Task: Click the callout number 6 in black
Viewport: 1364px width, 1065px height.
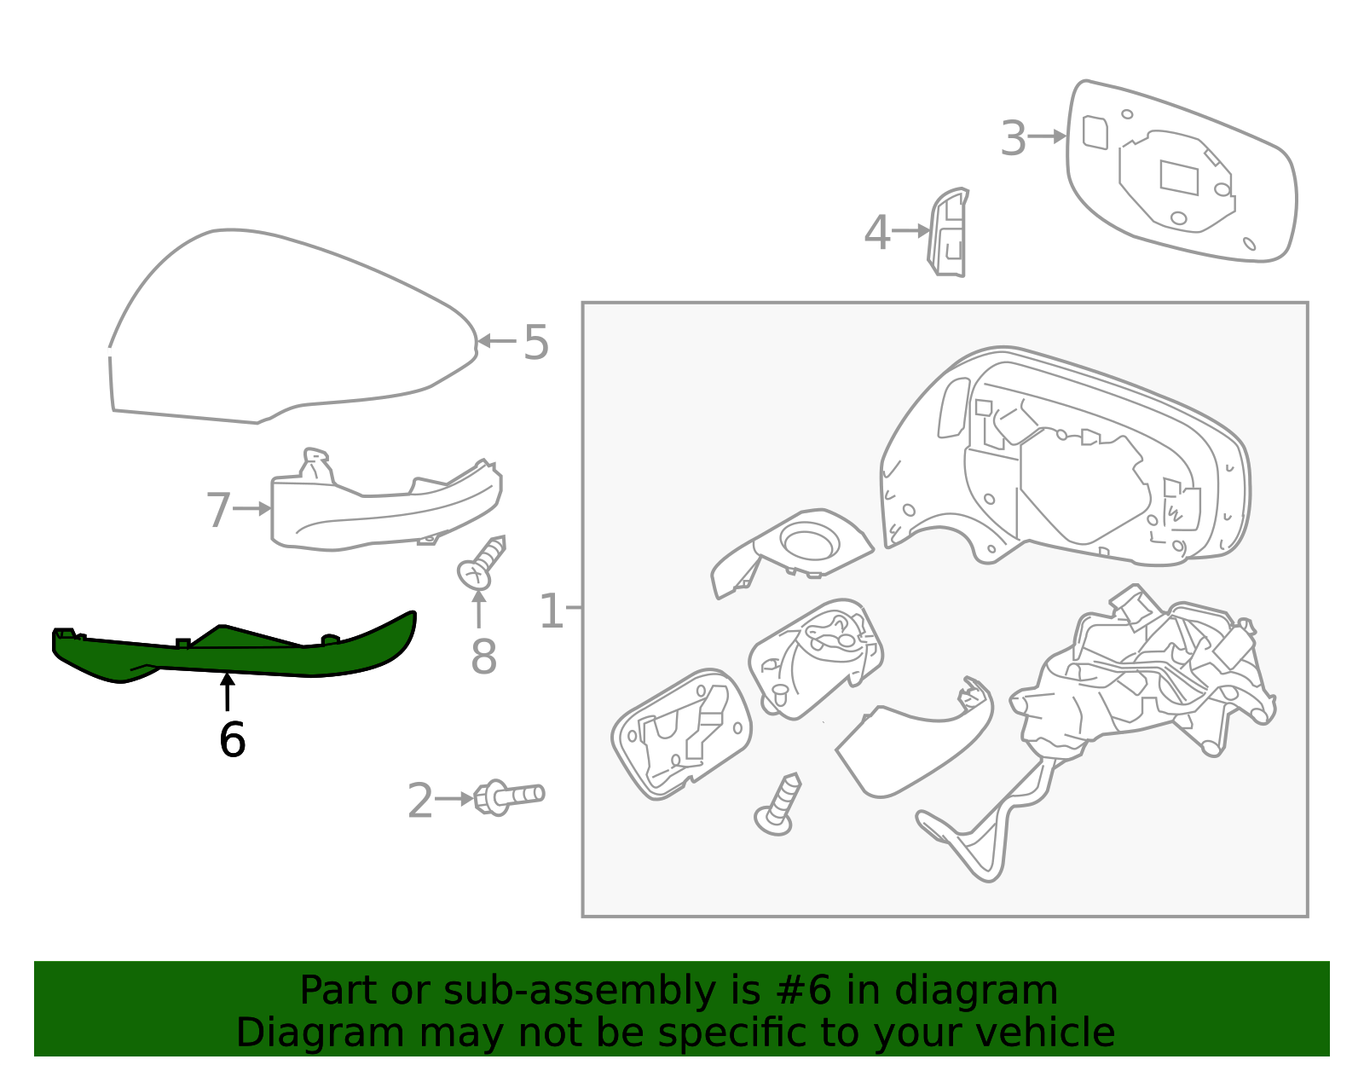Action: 232,740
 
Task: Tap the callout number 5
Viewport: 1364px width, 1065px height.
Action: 535,343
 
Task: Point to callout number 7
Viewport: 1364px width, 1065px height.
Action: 218,510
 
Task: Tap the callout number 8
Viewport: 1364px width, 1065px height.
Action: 483,657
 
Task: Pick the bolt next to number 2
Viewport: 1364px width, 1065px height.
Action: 509,796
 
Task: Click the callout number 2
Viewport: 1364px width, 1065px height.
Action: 419,802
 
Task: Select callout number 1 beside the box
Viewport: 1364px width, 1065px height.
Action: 552,611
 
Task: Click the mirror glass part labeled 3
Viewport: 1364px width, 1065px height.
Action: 1181,171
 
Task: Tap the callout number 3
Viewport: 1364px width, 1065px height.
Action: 1013,138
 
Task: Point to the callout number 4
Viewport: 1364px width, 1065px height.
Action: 877,233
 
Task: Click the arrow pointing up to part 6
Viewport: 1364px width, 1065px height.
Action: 227,692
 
